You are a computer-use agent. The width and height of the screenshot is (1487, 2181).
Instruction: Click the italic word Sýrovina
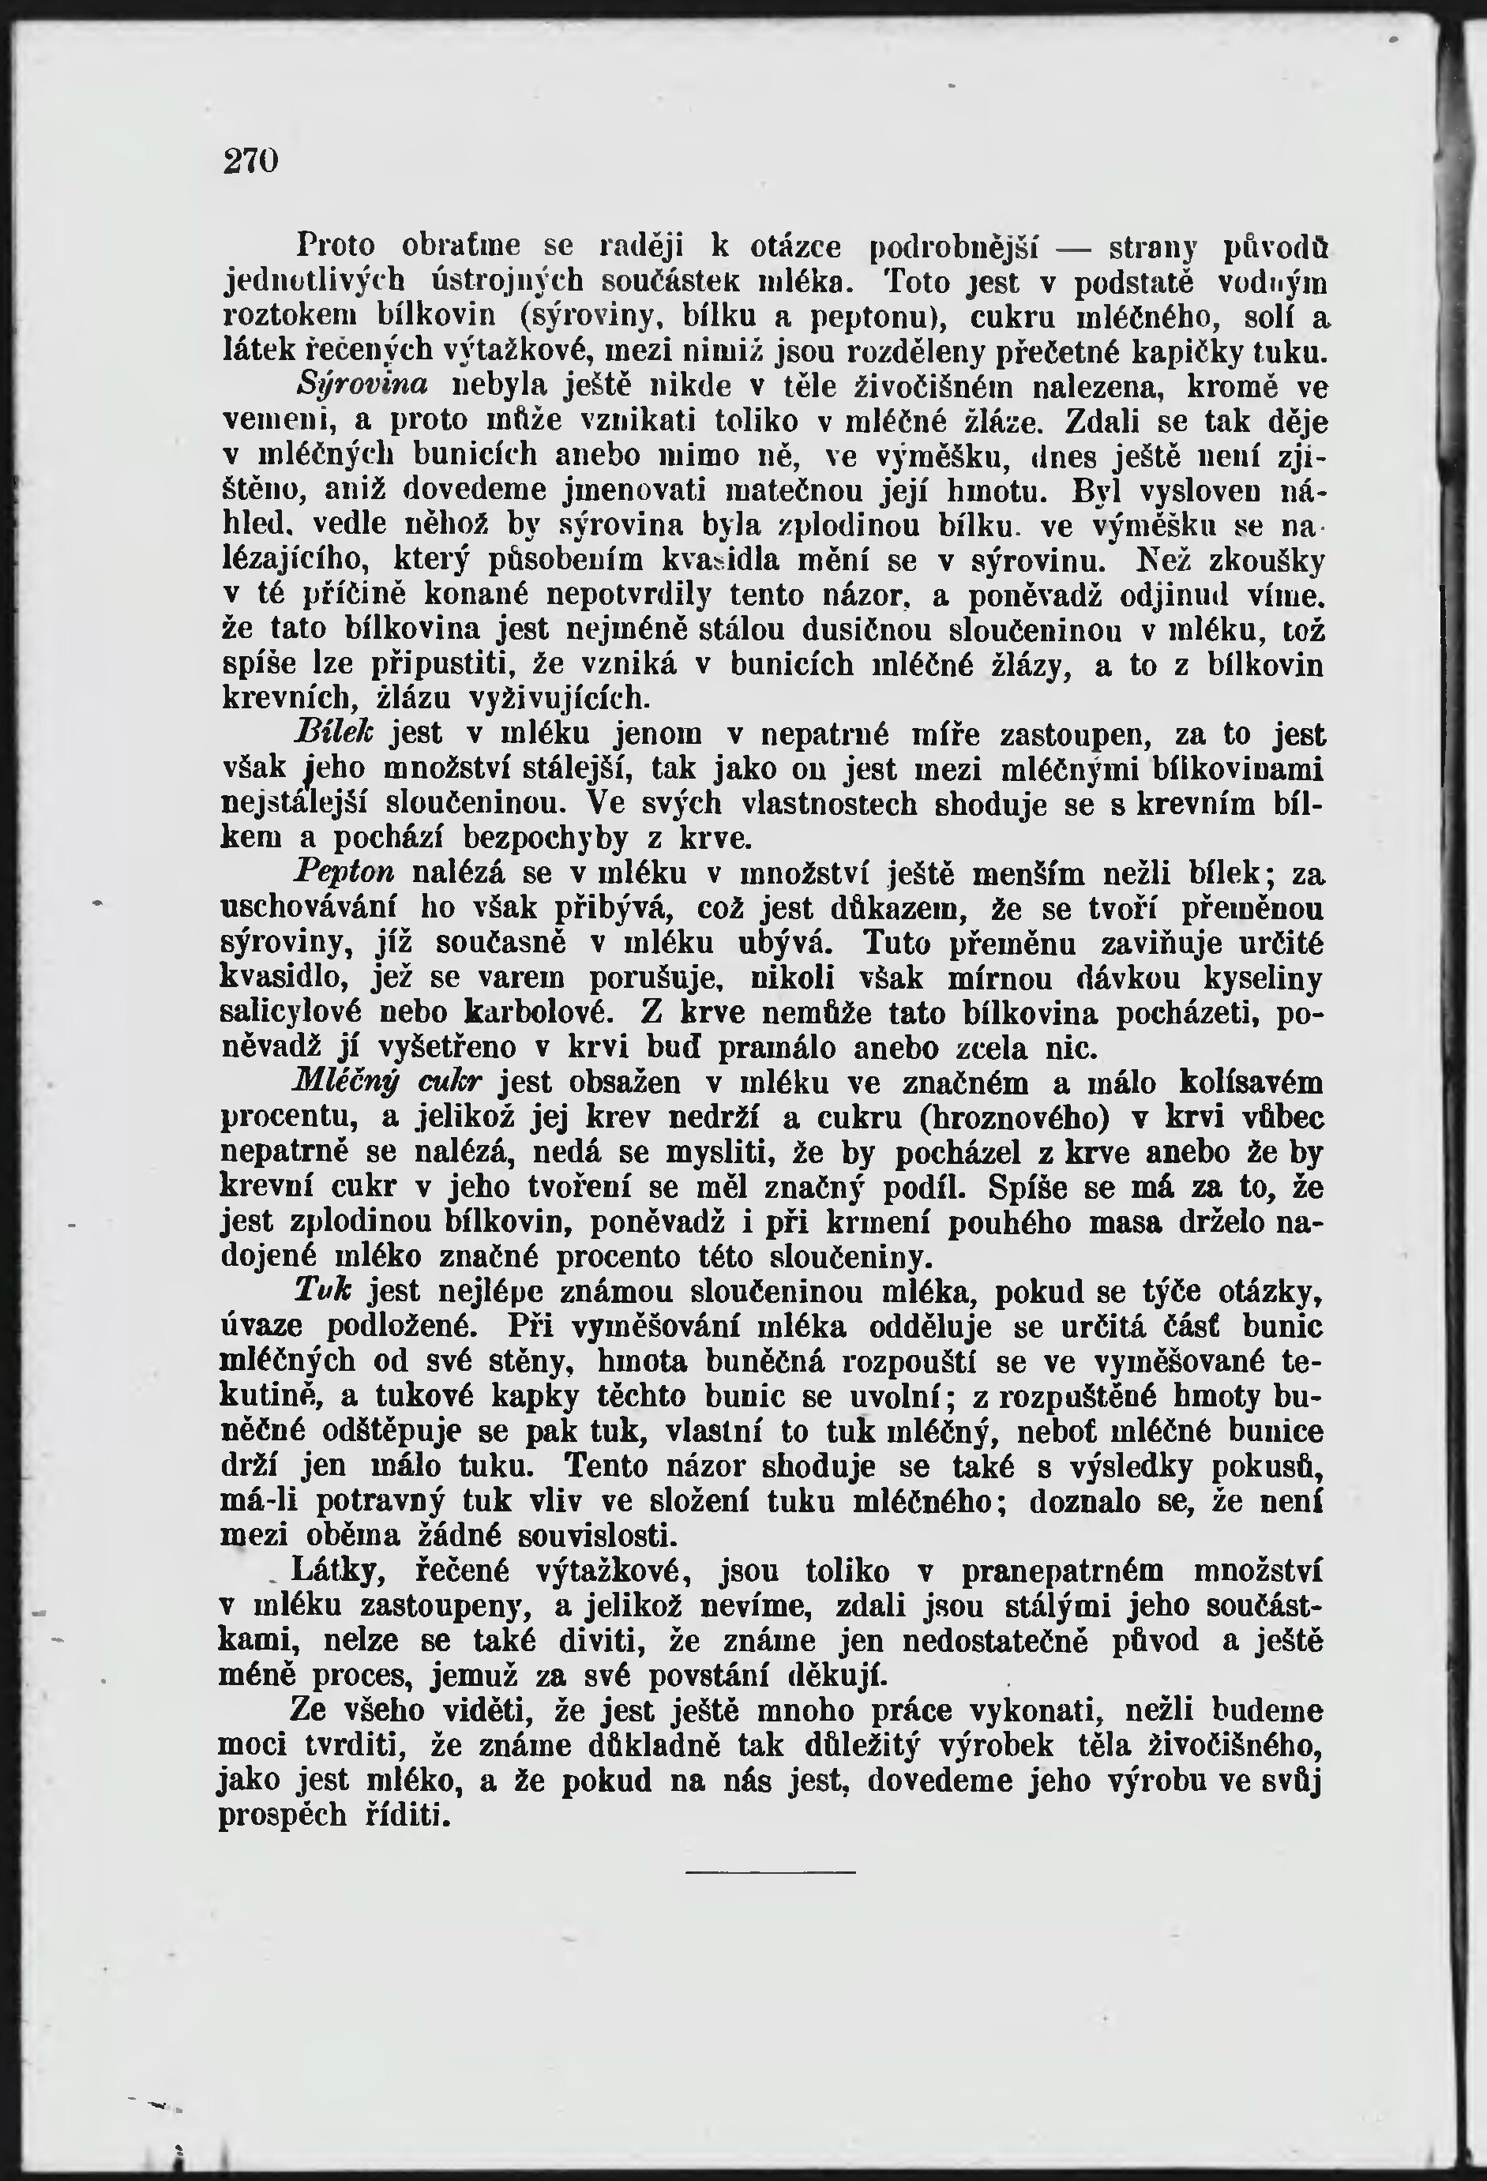click(x=362, y=384)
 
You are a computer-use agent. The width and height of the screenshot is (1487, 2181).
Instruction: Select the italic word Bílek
click(x=333, y=733)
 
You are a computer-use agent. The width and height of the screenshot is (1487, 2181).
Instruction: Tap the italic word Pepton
click(x=344, y=873)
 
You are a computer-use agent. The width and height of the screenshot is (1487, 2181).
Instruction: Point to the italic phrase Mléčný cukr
click(x=387, y=1082)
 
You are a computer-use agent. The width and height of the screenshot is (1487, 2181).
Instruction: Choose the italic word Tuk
click(x=322, y=1290)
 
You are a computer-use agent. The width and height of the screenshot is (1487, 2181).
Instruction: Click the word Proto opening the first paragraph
click(x=335, y=245)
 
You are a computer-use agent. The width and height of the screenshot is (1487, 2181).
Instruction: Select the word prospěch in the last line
click(x=283, y=1817)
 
